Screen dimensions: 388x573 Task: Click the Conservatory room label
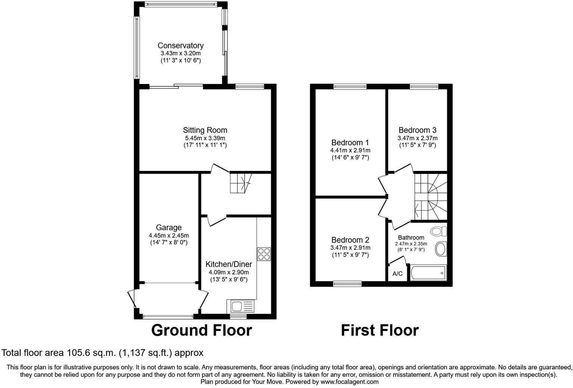tap(181, 46)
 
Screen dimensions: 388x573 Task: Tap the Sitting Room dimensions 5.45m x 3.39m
tap(205, 138)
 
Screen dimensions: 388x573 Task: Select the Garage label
tap(169, 227)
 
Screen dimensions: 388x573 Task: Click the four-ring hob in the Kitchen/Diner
tap(264, 254)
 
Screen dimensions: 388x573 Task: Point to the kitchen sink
tap(241, 307)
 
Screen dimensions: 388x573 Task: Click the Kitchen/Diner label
tap(229, 264)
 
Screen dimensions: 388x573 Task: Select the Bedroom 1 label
tap(350, 143)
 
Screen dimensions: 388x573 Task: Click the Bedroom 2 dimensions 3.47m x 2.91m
tap(350, 248)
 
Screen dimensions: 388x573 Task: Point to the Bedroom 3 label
tap(417, 130)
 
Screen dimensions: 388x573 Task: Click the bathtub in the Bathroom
tap(428, 273)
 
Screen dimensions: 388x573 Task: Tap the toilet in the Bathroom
tap(438, 231)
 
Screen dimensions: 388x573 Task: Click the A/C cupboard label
tap(397, 274)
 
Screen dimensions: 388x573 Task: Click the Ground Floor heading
tap(201, 330)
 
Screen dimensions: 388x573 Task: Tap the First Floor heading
tap(379, 330)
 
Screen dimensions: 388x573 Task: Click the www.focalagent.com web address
tap(350, 382)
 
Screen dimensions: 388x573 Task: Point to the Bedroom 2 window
tap(347, 284)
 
